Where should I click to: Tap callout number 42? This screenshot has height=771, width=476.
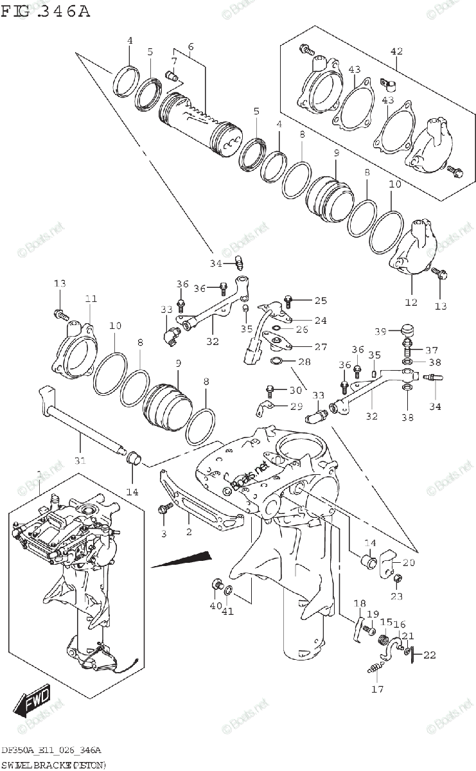click(396, 51)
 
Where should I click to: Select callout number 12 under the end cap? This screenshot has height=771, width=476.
click(411, 301)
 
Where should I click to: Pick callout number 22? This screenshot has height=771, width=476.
click(429, 655)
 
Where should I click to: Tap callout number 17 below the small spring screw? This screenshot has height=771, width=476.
click(376, 690)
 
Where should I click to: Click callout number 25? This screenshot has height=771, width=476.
click(321, 300)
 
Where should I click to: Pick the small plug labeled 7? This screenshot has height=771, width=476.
click(172, 75)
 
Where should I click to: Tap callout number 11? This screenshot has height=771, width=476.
click(91, 299)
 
